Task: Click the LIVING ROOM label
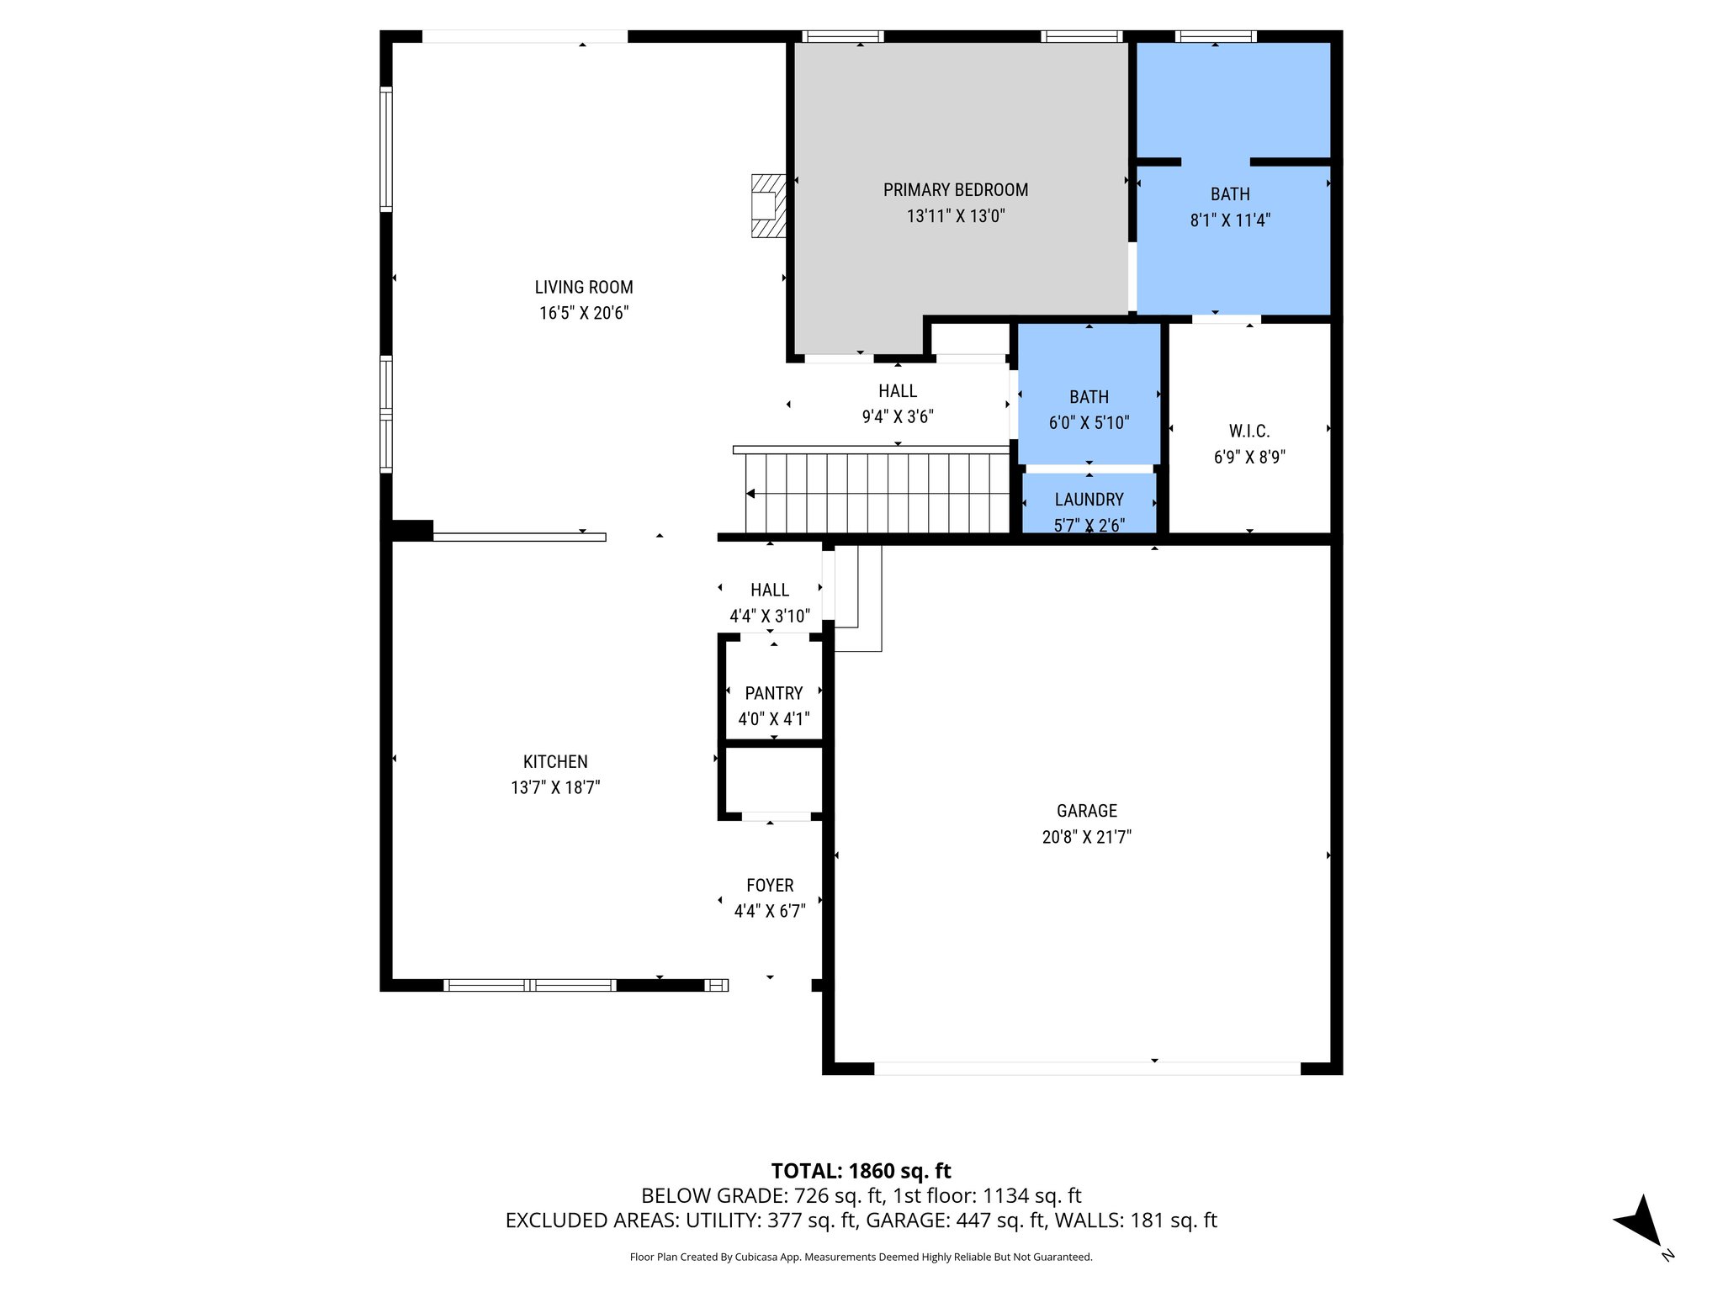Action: [583, 287]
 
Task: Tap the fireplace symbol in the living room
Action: [766, 206]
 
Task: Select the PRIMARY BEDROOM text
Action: [955, 190]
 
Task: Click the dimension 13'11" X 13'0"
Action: [955, 216]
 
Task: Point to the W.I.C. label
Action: [1249, 432]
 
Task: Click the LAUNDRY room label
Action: [1089, 500]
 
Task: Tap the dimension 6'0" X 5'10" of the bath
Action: [1089, 423]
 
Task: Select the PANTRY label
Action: [773, 693]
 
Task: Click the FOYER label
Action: [770, 886]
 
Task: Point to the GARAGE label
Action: [1086, 811]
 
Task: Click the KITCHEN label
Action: [555, 762]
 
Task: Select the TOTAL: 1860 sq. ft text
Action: [861, 1171]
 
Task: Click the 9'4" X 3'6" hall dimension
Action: [898, 417]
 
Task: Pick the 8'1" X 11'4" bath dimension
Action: [1229, 220]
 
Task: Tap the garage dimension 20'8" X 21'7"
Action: [1086, 837]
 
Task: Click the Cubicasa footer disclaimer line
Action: [861, 1257]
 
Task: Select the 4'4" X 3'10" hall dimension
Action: [770, 617]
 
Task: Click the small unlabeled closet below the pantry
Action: [773, 780]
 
